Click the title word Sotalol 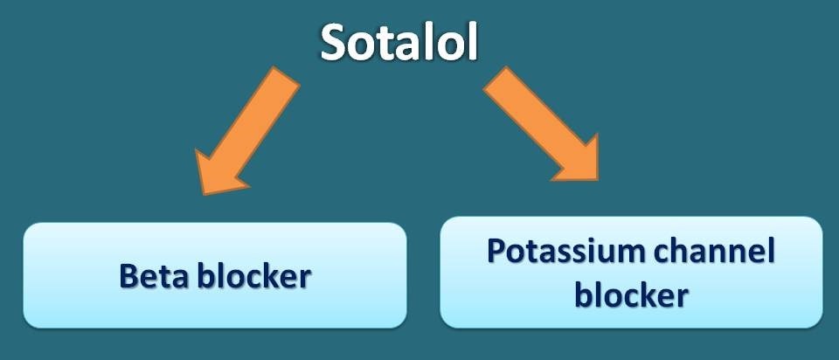[399, 43]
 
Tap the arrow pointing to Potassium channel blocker [542, 124]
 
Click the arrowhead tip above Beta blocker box [203, 194]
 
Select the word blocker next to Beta [254, 276]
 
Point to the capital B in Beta [129, 276]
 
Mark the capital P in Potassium [497, 251]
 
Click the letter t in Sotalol [389, 45]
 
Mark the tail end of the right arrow [495, 79]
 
